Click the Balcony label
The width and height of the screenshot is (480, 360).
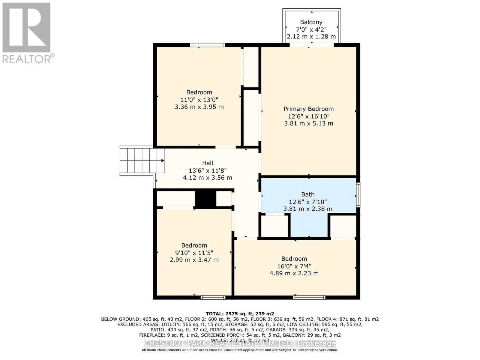point(311,22)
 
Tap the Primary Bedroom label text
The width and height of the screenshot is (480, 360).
point(308,109)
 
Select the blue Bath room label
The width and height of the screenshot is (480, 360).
point(308,194)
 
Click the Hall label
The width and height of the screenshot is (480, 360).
point(207,163)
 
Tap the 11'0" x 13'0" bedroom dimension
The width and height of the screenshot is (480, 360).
point(199,100)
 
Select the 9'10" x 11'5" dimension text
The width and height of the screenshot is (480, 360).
point(194,253)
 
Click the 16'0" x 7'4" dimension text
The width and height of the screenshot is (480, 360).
point(294,266)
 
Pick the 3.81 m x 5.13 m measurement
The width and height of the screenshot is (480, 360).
point(308,123)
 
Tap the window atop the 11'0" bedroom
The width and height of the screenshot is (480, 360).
point(207,45)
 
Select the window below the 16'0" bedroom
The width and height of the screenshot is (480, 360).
point(309,297)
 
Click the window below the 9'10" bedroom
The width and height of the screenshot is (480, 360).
point(213,297)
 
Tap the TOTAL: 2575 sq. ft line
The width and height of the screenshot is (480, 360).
point(240,314)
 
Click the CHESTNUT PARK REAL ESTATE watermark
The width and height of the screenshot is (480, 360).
point(240,343)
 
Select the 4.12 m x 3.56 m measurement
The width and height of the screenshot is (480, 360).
point(207,178)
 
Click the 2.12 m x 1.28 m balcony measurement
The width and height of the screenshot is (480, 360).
point(311,37)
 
